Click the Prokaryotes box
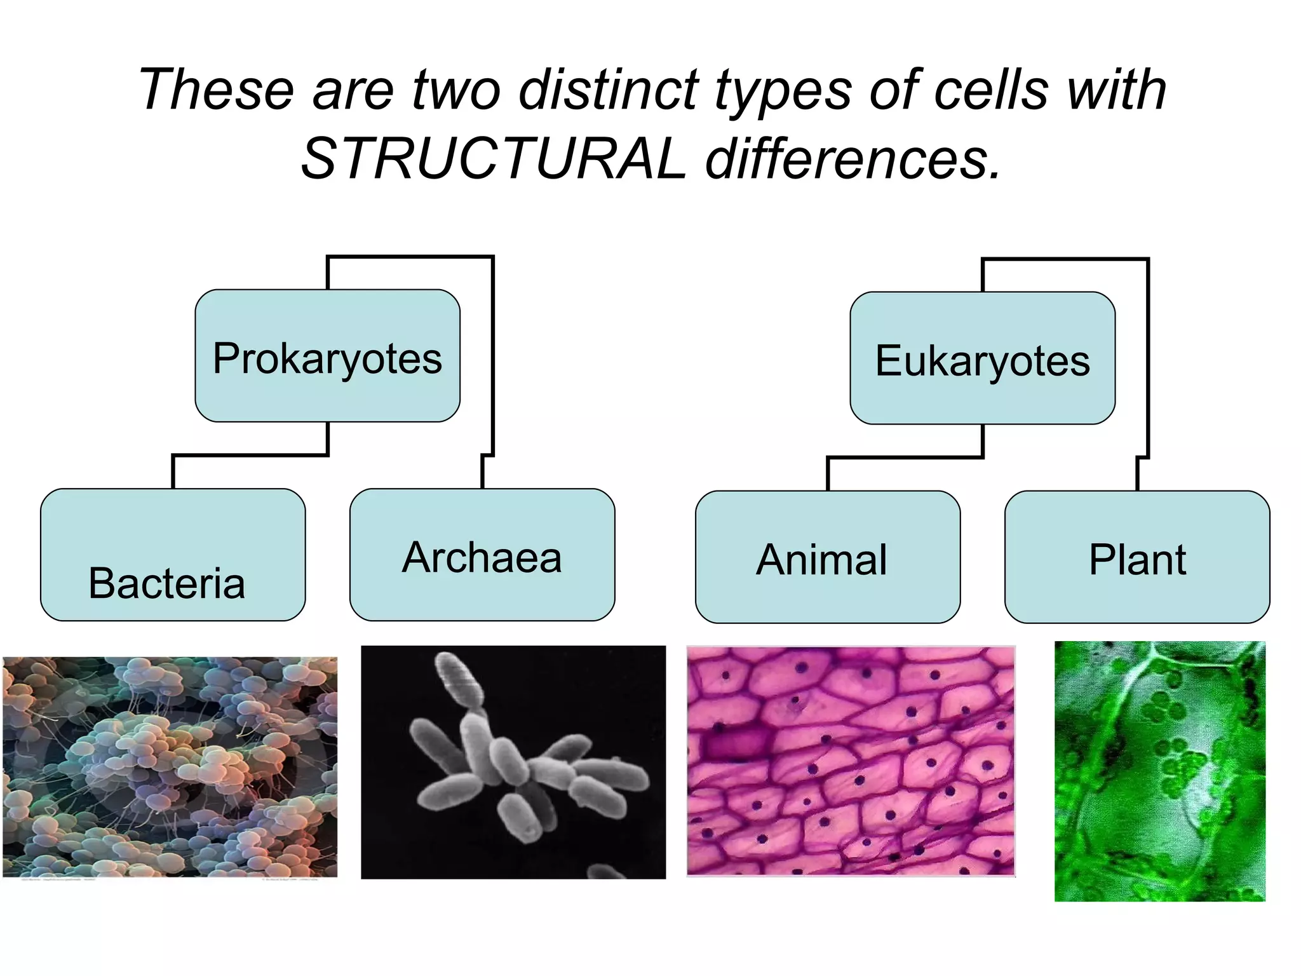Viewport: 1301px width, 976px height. pyautogui.click(x=327, y=356)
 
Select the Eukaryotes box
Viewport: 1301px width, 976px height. pyautogui.click(x=982, y=359)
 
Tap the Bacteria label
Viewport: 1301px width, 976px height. pyautogui.click(x=166, y=583)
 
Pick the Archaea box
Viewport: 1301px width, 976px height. pyautogui.click(x=482, y=555)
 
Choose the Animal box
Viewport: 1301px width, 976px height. pyautogui.click(x=827, y=557)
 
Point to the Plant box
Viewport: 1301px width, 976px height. pyautogui.click(x=1137, y=557)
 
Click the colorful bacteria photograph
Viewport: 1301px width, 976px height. pyautogui.click(x=170, y=767)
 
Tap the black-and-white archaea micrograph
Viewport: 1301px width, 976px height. pyautogui.click(x=513, y=762)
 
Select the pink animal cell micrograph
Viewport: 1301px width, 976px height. pyautogui.click(x=851, y=761)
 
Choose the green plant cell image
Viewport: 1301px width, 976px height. pyautogui.click(x=1159, y=771)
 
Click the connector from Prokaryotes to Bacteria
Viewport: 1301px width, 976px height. pyautogui.click(x=250, y=455)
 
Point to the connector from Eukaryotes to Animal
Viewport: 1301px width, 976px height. pyautogui.click(x=905, y=457)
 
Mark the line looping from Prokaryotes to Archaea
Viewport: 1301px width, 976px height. pyautogui.click(x=492, y=356)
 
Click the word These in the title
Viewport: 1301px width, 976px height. pyautogui.click(x=217, y=90)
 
